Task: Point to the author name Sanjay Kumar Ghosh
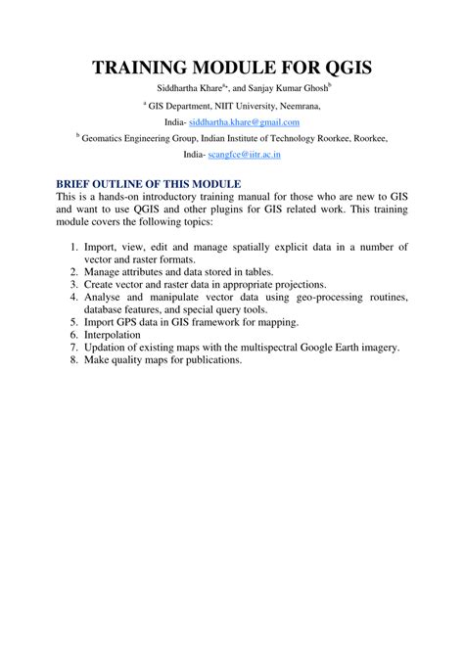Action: tap(285, 88)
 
